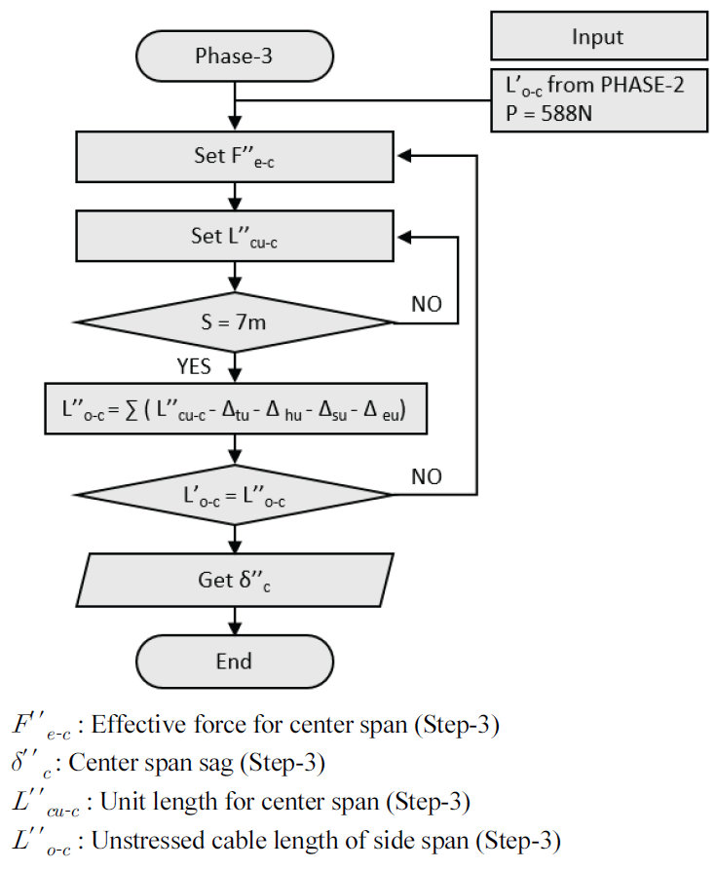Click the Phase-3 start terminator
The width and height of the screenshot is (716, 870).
tap(234, 56)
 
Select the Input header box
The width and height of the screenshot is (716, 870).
tap(597, 37)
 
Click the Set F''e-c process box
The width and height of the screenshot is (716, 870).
tap(234, 155)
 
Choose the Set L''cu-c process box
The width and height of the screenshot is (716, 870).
tap(234, 236)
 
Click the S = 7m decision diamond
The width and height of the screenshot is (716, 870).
tap(234, 322)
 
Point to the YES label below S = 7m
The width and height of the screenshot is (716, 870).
tap(193, 367)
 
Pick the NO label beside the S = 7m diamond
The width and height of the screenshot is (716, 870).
tap(425, 304)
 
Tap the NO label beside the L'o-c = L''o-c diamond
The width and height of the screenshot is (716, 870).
tap(425, 476)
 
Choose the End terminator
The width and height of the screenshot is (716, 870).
tap(234, 662)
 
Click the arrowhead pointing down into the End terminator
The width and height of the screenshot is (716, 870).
tap(234, 631)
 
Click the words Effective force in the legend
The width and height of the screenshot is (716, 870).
tap(159, 725)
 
